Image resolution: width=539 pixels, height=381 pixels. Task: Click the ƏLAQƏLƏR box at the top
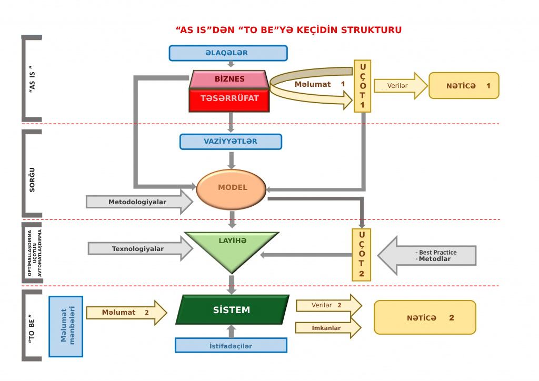pos(228,53)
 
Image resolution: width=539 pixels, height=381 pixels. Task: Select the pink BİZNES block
pos(229,79)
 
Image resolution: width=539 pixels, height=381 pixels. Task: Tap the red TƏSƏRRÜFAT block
pos(229,99)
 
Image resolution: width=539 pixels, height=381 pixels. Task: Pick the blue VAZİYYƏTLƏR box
pos(231,142)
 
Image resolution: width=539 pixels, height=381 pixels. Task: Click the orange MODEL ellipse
pos(232,188)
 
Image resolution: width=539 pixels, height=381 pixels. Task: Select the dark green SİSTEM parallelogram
pos(232,310)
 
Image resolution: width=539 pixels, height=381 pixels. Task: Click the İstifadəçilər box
pos(231,346)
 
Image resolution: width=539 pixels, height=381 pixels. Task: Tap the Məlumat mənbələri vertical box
pos(66,326)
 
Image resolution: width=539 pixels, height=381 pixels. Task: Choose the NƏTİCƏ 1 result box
pos(464,86)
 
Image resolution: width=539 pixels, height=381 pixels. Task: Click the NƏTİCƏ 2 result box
pos(425,318)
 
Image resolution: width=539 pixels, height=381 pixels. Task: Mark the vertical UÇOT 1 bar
pos(362,86)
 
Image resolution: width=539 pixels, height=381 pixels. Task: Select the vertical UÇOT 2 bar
pos(361,255)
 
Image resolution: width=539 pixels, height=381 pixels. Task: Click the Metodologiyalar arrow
pos(138,202)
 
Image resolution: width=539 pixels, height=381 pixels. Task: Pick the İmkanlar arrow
pos(327,328)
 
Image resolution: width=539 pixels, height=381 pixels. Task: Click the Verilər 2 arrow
pos(328,305)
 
